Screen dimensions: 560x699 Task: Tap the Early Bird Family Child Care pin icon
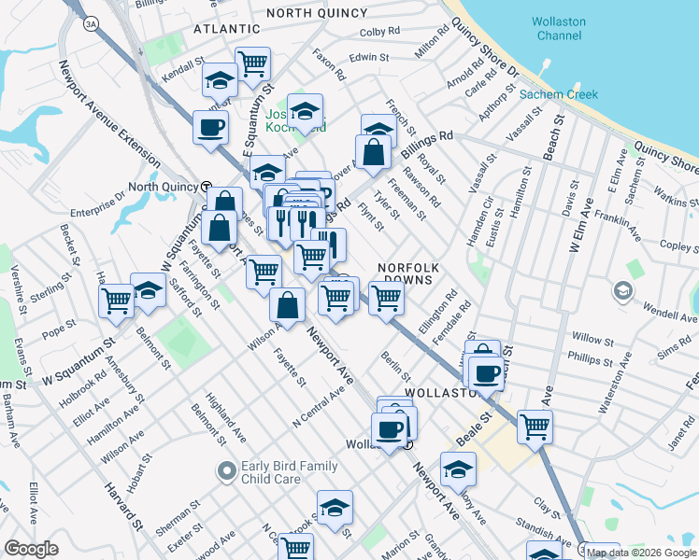click(225, 471)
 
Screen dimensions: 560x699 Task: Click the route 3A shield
click(90, 22)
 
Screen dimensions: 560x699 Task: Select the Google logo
click(31, 549)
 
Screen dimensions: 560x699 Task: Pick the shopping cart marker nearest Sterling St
click(117, 300)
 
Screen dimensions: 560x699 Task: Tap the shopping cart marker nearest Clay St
click(535, 426)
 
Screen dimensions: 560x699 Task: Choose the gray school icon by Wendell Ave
click(621, 292)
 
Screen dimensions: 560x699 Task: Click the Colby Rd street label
click(379, 32)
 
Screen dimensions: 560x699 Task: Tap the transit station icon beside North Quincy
click(205, 186)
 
